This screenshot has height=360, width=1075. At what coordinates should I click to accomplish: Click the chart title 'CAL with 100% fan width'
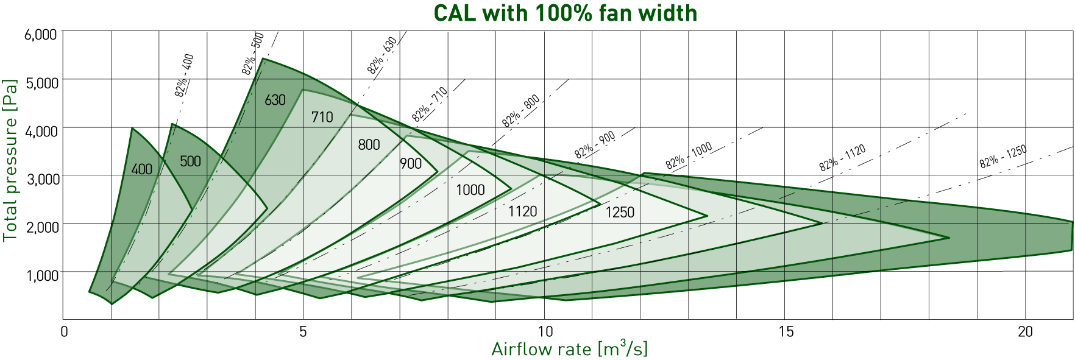565,13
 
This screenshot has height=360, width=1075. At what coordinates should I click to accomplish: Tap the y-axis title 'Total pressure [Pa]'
10,160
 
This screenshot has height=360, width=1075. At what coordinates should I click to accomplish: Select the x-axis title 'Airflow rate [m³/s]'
569,349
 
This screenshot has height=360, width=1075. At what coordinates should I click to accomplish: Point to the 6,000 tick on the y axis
41,35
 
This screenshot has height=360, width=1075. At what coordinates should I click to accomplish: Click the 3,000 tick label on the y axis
41,179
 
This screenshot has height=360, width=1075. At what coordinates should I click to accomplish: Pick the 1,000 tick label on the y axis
41,275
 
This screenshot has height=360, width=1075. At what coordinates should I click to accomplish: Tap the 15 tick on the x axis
786,331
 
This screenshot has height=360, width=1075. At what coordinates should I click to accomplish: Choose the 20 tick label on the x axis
1026,331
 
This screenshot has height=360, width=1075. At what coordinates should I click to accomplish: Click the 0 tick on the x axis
64,331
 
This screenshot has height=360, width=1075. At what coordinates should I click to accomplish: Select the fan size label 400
142,169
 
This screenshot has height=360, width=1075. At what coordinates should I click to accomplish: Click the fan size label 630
275,100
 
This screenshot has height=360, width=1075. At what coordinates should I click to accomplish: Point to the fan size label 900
411,163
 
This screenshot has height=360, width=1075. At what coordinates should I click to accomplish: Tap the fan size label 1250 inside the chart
620,212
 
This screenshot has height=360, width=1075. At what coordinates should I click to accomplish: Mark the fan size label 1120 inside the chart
523,211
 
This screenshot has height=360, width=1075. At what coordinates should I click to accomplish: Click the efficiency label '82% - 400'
184,76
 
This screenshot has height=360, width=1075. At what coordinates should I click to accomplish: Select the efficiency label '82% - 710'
430,104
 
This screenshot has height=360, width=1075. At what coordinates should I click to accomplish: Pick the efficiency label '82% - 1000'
689,156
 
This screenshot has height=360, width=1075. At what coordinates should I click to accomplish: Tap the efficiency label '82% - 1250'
1003,157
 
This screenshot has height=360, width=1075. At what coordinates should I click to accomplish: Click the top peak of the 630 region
263,58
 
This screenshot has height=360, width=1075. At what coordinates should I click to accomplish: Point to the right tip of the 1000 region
707,216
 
